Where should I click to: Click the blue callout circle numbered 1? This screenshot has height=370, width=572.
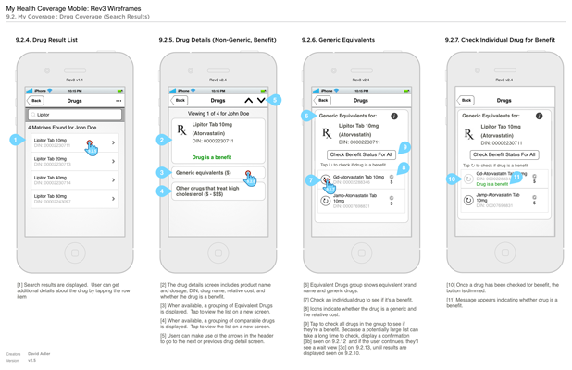point(16,140)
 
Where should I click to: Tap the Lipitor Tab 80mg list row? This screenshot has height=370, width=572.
point(74,198)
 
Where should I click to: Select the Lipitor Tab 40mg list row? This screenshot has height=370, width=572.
point(74,179)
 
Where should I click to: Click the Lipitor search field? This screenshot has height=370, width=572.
point(74,115)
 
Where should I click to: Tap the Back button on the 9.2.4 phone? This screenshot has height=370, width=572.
point(37,100)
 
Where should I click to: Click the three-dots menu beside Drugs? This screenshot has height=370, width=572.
point(118,100)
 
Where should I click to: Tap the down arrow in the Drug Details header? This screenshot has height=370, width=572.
point(261,100)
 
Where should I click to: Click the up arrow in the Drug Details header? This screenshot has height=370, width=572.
point(248,100)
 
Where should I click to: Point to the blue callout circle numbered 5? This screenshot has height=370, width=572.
point(275,99)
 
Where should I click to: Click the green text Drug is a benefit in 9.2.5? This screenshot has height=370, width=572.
point(212,157)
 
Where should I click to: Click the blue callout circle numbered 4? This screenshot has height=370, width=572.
point(162,191)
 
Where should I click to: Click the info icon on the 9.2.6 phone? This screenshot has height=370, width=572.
point(394,117)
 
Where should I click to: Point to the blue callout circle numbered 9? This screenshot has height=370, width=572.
point(404,147)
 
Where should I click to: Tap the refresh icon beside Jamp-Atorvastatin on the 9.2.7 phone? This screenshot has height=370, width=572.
point(468,199)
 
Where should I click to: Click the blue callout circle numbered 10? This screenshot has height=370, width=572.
point(452,179)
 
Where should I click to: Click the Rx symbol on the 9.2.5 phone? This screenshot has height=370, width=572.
point(181,132)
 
